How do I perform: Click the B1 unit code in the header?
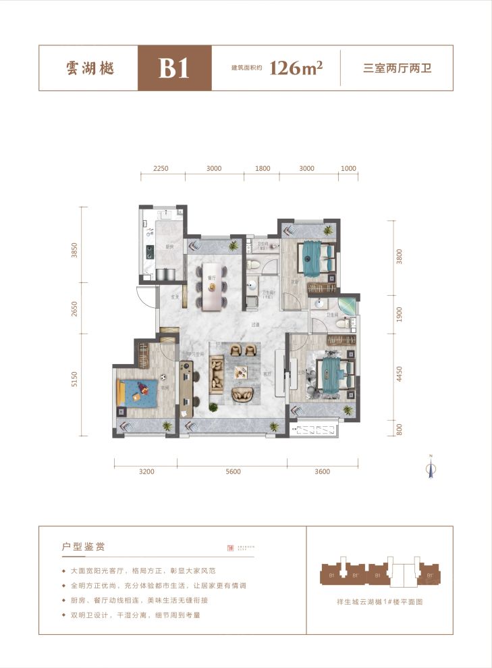point(174,68)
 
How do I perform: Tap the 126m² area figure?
point(295,68)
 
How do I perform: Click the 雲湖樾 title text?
point(88,69)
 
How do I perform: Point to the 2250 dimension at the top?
point(160,169)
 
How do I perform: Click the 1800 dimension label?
point(263,169)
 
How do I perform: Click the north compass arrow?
point(429,468)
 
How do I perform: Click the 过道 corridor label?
point(256,325)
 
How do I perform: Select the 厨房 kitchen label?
point(169,247)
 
